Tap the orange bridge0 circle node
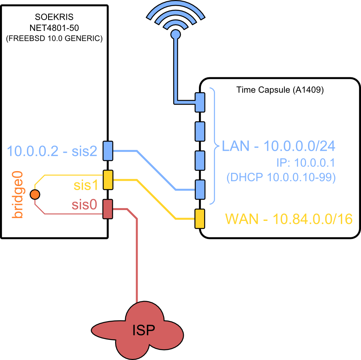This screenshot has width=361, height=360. click(x=35, y=195)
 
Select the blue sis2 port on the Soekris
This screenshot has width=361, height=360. click(x=107, y=150)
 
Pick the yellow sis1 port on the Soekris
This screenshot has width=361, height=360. click(x=107, y=180)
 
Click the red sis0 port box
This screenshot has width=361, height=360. click(x=107, y=208)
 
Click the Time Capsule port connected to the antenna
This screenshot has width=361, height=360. click(x=199, y=102)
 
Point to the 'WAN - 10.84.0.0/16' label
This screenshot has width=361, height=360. click(x=289, y=219)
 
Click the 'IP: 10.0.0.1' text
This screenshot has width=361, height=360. click(x=305, y=163)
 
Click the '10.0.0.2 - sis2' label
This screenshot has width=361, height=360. click(x=52, y=151)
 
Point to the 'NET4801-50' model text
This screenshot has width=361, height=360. click(x=55, y=28)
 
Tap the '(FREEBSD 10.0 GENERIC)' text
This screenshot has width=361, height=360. click(x=55, y=38)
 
